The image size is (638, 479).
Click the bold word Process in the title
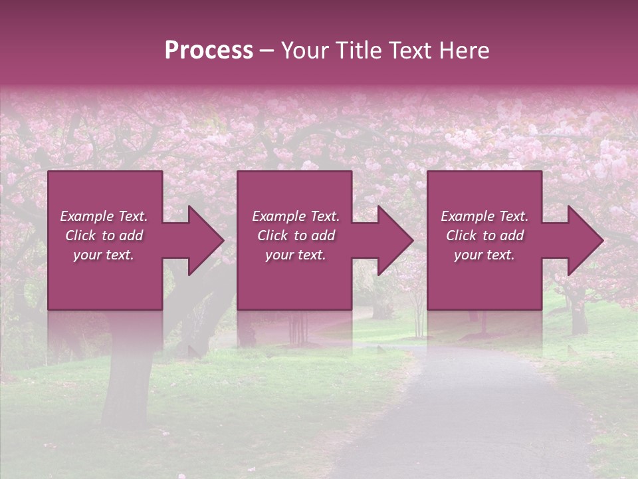point(209,51)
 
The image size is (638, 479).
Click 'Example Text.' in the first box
point(104,216)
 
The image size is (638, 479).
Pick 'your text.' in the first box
point(104,255)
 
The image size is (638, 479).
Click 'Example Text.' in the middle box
point(296,216)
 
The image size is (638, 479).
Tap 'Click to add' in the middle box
point(296,236)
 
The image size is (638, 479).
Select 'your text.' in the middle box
point(296,255)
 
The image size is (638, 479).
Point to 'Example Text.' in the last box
point(484,216)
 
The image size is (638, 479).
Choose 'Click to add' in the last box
point(484,236)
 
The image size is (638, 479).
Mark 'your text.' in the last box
point(484,255)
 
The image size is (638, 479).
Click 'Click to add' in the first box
point(104,236)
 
